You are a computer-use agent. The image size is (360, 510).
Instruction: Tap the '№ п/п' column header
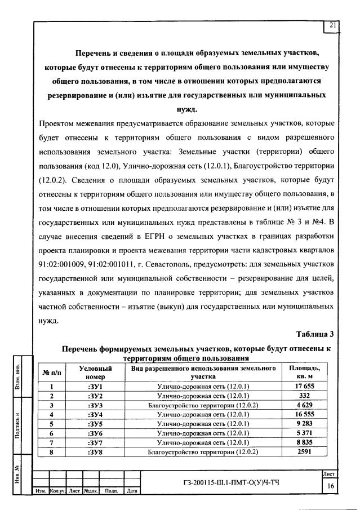[x=51, y=372]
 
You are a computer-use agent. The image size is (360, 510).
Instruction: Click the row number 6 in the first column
[x=51, y=433]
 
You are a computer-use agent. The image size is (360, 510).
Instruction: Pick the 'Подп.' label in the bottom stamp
[x=111, y=491]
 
